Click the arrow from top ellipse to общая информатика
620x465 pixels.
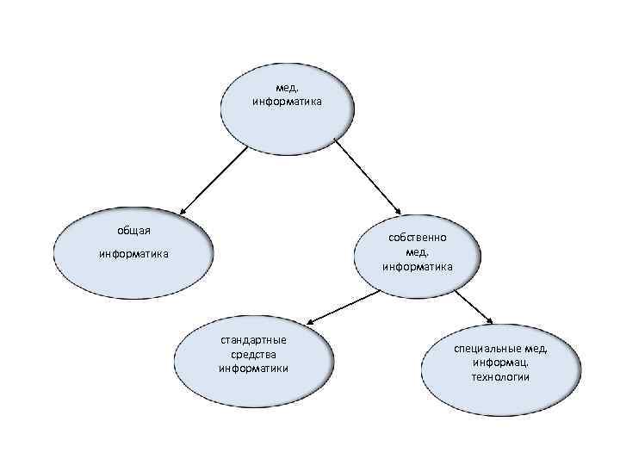coord(214,179)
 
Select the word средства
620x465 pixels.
coord(253,354)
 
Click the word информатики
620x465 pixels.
coord(253,369)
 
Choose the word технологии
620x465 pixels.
coord(500,377)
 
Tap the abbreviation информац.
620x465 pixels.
coord(500,363)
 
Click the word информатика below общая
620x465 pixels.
coord(133,254)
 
